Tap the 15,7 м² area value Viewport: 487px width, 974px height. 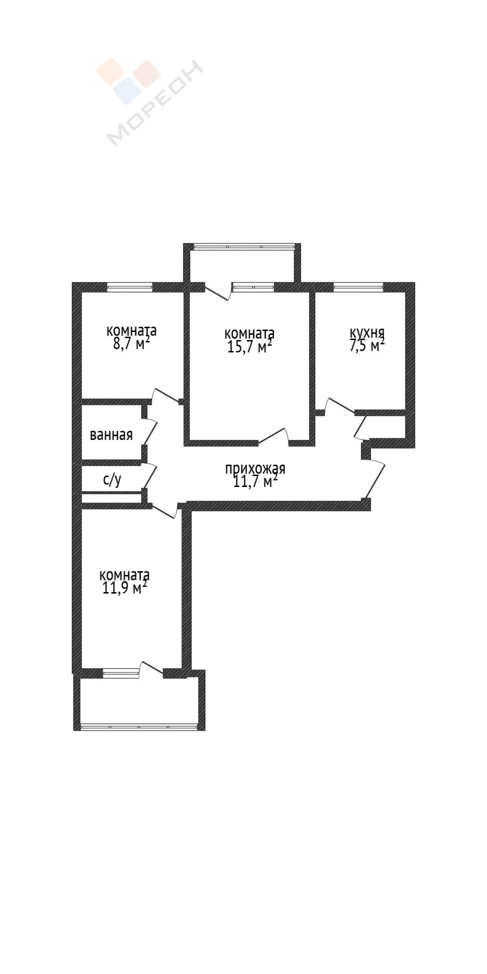click(x=250, y=347)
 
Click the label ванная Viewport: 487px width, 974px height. click(x=111, y=435)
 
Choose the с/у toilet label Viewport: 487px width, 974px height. click(x=112, y=480)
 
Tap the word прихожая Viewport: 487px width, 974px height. click(x=255, y=469)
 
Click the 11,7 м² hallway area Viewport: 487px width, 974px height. click(x=256, y=482)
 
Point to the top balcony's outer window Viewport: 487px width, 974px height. click(x=243, y=246)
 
